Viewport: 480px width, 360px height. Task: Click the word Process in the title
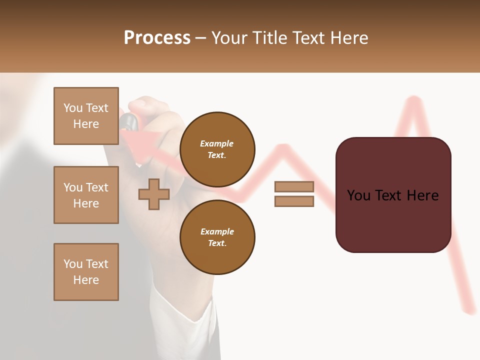(x=157, y=38)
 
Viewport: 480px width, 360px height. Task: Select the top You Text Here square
(x=86, y=116)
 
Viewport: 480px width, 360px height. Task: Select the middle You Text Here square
(x=86, y=195)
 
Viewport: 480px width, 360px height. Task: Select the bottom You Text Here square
(x=86, y=272)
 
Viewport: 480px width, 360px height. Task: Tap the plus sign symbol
(x=154, y=194)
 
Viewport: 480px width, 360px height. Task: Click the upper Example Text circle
(x=217, y=149)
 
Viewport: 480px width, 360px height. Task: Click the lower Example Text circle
(x=217, y=237)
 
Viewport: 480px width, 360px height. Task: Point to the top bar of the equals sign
(x=294, y=186)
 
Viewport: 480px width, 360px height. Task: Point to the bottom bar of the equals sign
(x=294, y=201)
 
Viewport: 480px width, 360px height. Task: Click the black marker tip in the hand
(x=128, y=121)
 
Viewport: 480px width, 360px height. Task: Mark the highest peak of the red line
(x=413, y=100)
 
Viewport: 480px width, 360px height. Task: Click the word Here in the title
(x=350, y=38)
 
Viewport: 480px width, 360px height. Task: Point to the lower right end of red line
(x=470, y=311)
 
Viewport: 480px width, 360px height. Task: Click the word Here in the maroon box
(x=422, y=195)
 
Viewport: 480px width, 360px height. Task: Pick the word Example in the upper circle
(x=217, y=144)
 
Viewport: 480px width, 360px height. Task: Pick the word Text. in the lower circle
(x=217, y=243)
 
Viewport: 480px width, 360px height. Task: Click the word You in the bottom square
(x=72, y=264)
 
